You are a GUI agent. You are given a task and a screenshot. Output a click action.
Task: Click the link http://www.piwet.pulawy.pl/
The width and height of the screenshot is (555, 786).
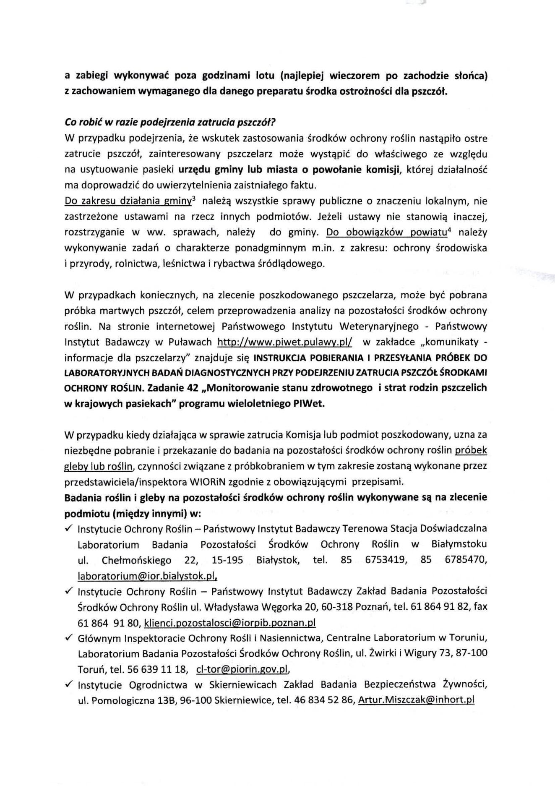(285, 342)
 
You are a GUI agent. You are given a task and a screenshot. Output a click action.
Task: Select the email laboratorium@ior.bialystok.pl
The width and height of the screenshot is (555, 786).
(147, 577)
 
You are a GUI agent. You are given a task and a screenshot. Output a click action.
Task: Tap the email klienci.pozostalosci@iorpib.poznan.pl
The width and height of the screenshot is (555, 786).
(229, 623)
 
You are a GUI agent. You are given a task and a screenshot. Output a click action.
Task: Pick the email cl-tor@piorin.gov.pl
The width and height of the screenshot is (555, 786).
(243, 670)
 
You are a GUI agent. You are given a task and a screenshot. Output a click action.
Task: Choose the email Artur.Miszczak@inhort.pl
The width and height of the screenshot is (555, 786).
(417, 700)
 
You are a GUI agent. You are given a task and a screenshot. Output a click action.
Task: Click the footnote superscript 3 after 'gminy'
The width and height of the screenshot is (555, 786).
(193, 198)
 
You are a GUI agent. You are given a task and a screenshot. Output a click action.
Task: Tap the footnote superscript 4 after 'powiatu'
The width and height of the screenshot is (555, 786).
(449, 230)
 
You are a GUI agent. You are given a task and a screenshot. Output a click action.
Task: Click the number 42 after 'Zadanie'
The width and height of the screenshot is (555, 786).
(193, 388)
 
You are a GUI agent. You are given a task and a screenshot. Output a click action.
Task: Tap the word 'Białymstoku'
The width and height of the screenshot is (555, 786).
(459, 545)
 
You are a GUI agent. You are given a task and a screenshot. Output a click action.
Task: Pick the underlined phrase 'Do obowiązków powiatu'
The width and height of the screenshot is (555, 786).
(386, 232)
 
